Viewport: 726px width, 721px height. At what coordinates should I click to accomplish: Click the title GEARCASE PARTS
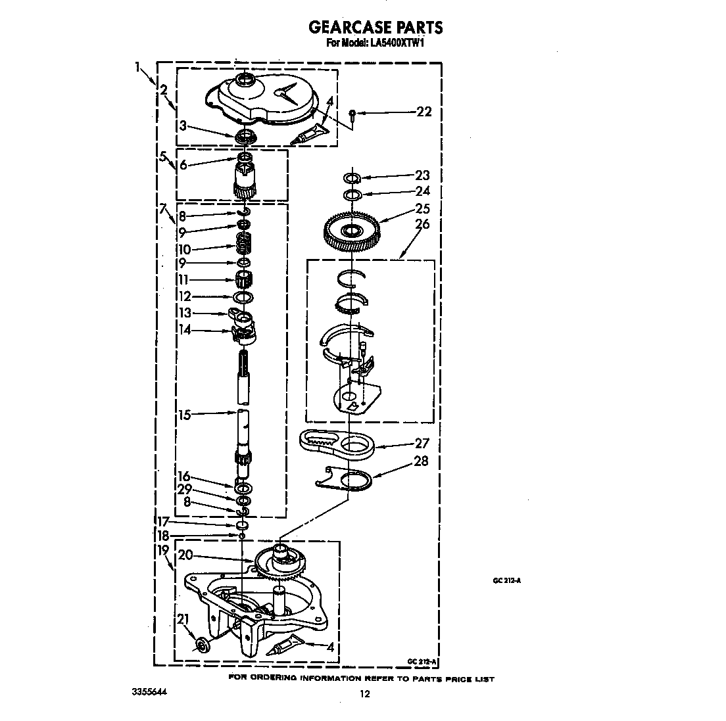click(x=375, y=27)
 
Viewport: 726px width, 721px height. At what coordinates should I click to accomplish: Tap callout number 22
click(x=424, y=112)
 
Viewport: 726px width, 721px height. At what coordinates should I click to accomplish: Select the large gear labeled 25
click(x=351, y=231)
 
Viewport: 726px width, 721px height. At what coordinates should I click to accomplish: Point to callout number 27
click(x=422, y=444)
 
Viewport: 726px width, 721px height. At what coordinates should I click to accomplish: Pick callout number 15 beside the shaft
click(x=184, y=415)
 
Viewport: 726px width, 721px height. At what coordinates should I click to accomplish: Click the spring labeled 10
click(x=245, y=248)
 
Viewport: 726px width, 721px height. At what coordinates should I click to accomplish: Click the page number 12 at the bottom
click(x=364, y=694)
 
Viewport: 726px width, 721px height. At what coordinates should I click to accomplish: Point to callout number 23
click(x=422, y=175)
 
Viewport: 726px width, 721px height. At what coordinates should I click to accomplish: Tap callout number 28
click(x=422, y=461)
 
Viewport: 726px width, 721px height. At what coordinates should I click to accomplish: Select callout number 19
click(x=163, y=549)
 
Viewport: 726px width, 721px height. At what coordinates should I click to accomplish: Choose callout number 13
click(x=185, y=313)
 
